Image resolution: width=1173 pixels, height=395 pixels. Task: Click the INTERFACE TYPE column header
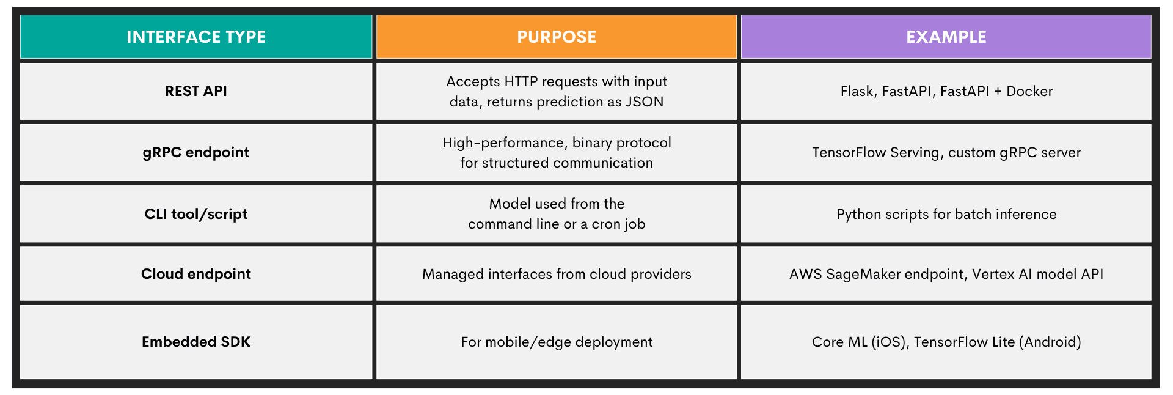pyautogui.click(x=196, y=37)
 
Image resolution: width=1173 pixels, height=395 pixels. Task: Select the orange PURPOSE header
pyautogui.click(x=557, y=37)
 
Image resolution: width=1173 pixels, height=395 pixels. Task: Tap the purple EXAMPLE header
pyautogui.click(x=946, y=37)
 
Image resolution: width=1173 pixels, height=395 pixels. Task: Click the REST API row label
pyautogui.click(x=196, y=91)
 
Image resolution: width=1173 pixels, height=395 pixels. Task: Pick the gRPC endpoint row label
pyautogui.click(x=196, y=152)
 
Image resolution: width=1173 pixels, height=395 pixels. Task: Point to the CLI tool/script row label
pyautogui.click(x=196, y=214)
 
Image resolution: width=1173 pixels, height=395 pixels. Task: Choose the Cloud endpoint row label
pyautogui.click(x=196, y=274)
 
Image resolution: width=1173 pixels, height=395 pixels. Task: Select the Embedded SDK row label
pyautogui.click(x=196, y=342)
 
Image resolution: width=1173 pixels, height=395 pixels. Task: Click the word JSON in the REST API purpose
pyautogui.click(x=645, y=102)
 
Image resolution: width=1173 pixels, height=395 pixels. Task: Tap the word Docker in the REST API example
pyautogui.click(x=1029, y=91)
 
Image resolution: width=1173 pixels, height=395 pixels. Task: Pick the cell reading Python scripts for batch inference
pyautogui.click(x=946, y=214)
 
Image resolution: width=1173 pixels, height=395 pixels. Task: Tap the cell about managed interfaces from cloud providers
pyautogui.click(x=557, y=274)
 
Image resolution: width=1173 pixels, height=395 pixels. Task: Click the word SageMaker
pyautogui.click(x=863, y=274)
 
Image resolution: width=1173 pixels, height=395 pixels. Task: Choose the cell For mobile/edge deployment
pyautogui.click(x=557, y=342)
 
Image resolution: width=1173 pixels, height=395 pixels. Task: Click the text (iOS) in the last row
pyautogui.click(x=888, y=342)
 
